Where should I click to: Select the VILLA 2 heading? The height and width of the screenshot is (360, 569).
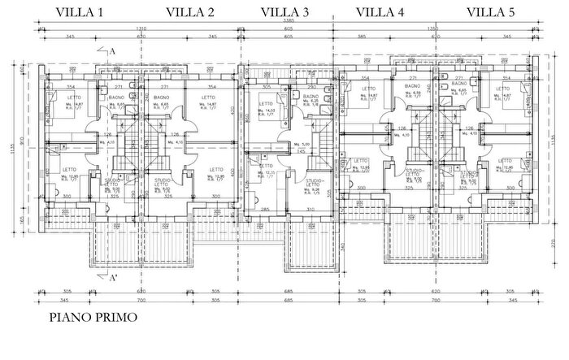tap(190, 12)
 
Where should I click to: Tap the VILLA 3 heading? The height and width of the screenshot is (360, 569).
tap(284, 12)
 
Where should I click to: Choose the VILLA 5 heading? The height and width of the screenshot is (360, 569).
tap(491, 12)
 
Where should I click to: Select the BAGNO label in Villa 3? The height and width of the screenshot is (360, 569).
tap(311, 97)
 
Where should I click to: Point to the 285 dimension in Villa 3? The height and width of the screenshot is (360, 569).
tap(264, 209)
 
